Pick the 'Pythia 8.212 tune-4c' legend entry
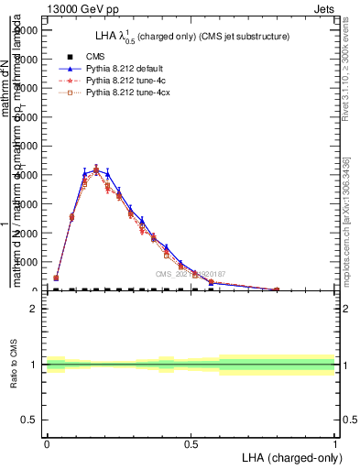(125, 81)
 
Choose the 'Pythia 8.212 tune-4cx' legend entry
(126, 93)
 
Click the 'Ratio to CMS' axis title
(14, 365)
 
